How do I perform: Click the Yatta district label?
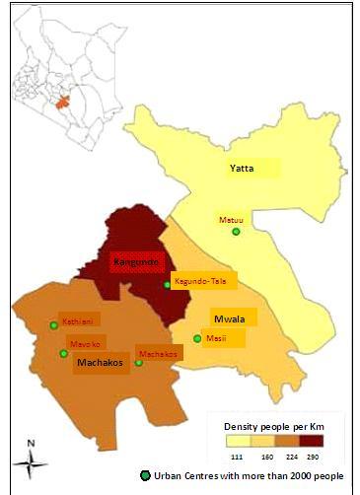pyautogui.click(x=242, y=168)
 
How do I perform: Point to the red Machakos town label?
pyautogui.click(x=160, y=352)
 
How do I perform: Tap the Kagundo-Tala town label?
pyautogui.click(x=200, y=281)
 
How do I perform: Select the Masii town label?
pyautogui.click(x=216, y=337)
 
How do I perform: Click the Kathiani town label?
pyautogui.click(x=78, y=321)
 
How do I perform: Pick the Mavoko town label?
pyautogui.click(x=86, y=343)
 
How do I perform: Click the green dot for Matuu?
pyautogui.click(x=236, y=232)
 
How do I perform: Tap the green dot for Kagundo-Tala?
pyautogui.click(x=167, y=285)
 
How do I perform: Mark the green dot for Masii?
pyautogui.click(x=197, y=339)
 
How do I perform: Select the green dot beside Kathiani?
pyautogui.click(x=53, y=325)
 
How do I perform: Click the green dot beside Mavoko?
pyautogui.click(x=64, y=353)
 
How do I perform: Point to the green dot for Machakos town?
pyautogui.click(x=138, y=363)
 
